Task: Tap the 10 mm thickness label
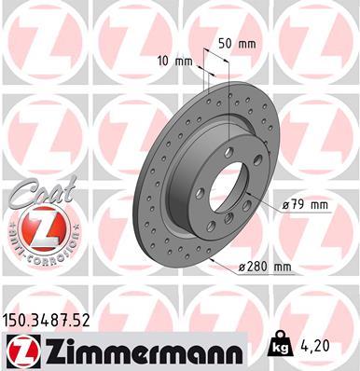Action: click(183, 62)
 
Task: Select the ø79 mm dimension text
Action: click(304, 204)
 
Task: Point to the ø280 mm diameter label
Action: click(265, 268)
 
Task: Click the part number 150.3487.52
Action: click(49, 322)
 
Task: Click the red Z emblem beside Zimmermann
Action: click(19, 352)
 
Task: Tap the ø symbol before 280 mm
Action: click(242, 268)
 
